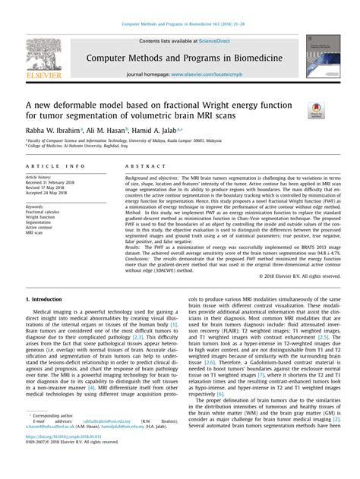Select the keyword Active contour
[x=43, y=227]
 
